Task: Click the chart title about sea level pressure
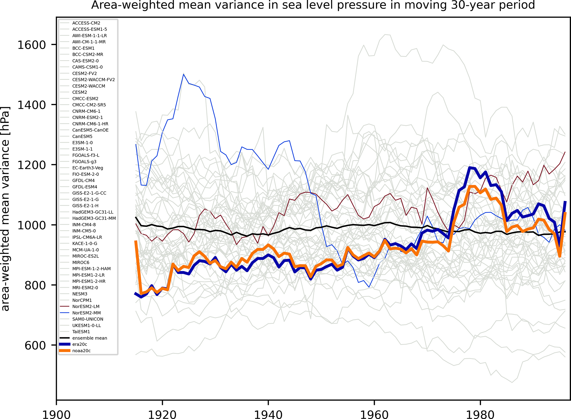coord(313,5)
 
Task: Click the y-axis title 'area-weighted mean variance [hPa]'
coord(6,209)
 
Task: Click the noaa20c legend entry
coord(81,351)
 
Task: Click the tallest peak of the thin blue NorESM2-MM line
coord(183,74)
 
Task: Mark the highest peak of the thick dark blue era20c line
coord(469,167)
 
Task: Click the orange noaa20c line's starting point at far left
coord(136,241)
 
